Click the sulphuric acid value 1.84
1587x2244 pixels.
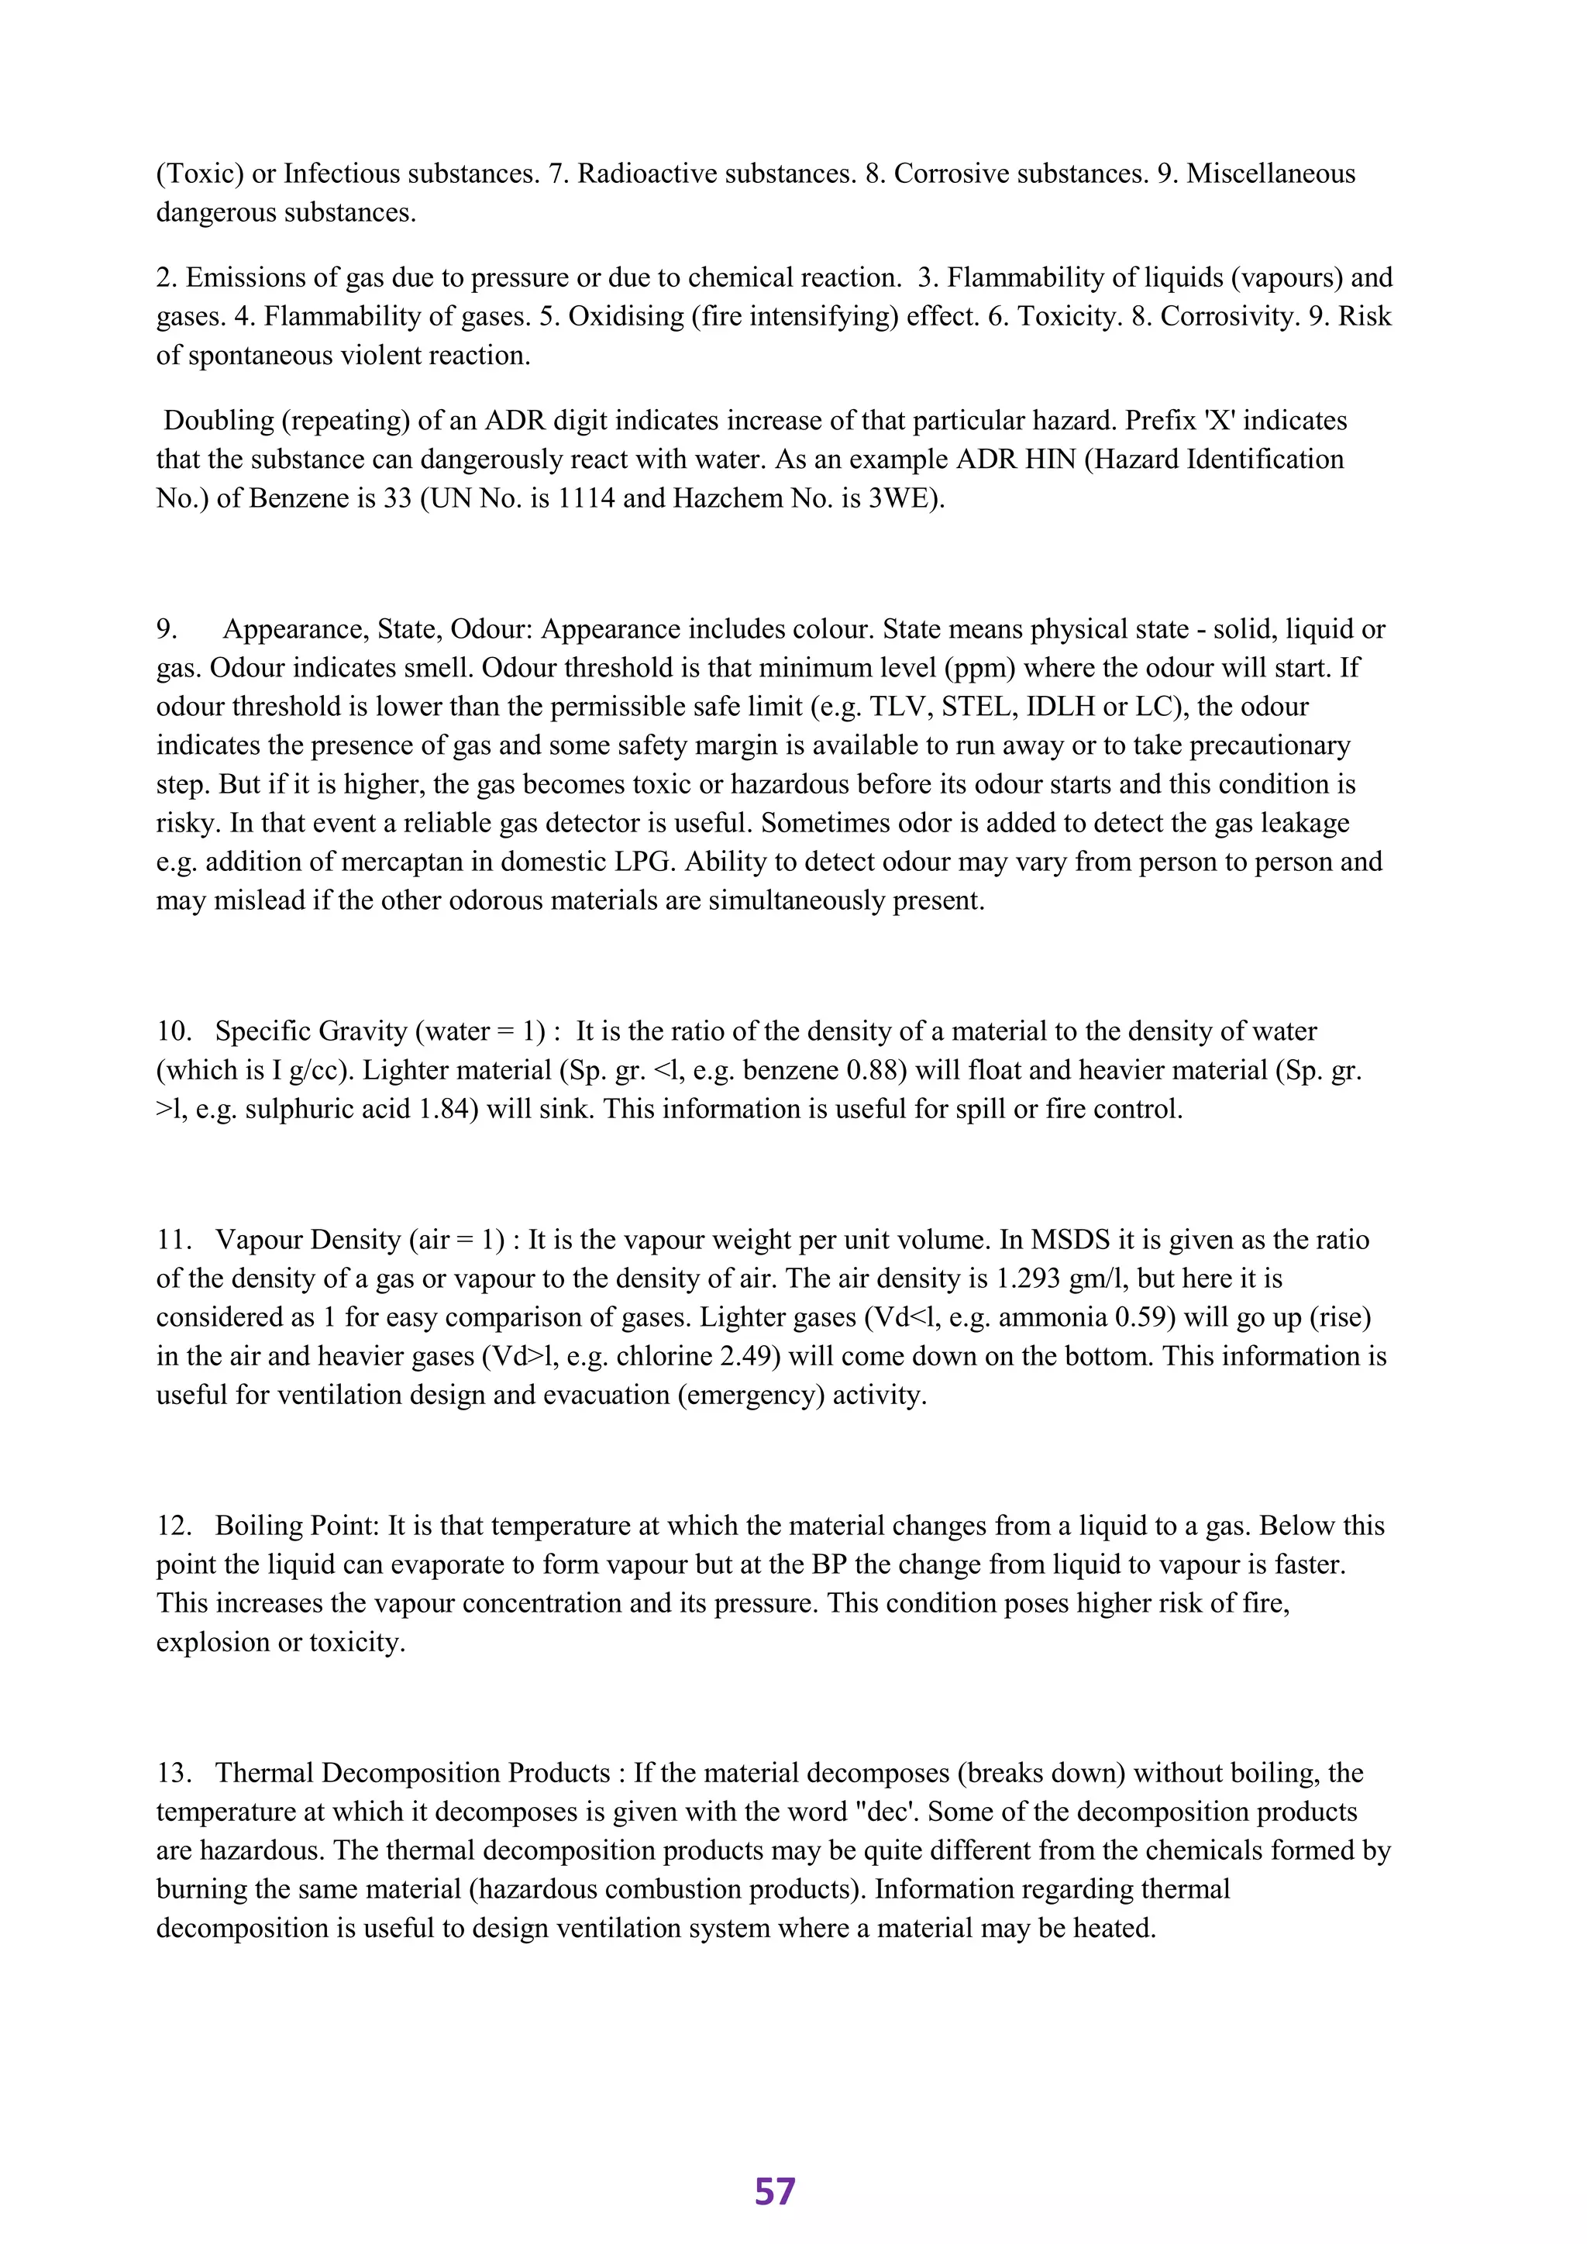click(x=445, y=1110)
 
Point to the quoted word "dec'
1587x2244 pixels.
click(x=886, y=1812)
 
